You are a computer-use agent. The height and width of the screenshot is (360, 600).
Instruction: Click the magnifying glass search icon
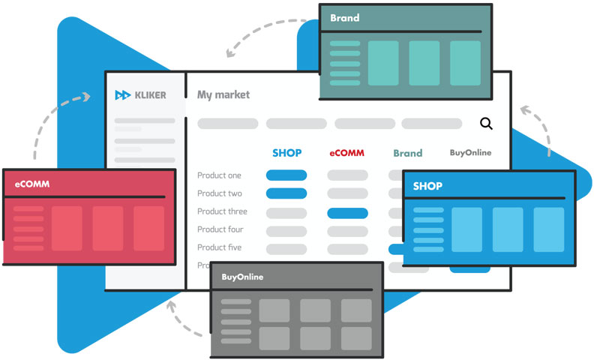pyautogui.click(x=486, y=124)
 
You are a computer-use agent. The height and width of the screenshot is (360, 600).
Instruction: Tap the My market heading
pyautogui.click(x=223, y=95)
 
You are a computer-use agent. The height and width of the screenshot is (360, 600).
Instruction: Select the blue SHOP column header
pyautogui.click(x=286, y=153)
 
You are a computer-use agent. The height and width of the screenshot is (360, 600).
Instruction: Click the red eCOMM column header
pyautogui.click(x=346, y=153)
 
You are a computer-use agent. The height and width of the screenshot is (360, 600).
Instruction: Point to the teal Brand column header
pyautogui.click(x=407, y=153)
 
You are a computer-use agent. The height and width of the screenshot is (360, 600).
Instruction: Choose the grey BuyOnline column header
pyautogui.click(x=470, y=152)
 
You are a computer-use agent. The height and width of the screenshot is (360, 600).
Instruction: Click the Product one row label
pyautogui.click(x=219, y=175)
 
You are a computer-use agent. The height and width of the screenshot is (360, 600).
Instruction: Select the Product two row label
pyautogui.click(x=219, y=193)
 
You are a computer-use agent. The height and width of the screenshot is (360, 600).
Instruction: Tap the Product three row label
pyautogui.click(x=222, y=211)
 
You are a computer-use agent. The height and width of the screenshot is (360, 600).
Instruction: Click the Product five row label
pyautogui.click(x=220, y=247)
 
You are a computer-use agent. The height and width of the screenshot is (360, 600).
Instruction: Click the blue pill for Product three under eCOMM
pyautogui.click(x=347, y=213)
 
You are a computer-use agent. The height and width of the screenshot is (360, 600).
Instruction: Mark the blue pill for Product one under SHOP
pyautogui.click(x=286, y=175)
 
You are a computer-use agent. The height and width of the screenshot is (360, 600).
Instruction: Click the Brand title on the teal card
pyautogui.click(x=344, y=18)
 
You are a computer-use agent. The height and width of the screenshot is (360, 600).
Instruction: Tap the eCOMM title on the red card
pyautogui.click(x=32, y=184)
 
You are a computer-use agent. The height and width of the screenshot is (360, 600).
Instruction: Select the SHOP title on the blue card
pyautogui.click(x=427, y=186)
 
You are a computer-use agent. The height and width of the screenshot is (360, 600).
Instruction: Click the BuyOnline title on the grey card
pyautogui.click(x=242, y=277)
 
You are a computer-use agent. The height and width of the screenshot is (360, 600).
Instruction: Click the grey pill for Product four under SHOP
pyautogui.click(x=286, y=231)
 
